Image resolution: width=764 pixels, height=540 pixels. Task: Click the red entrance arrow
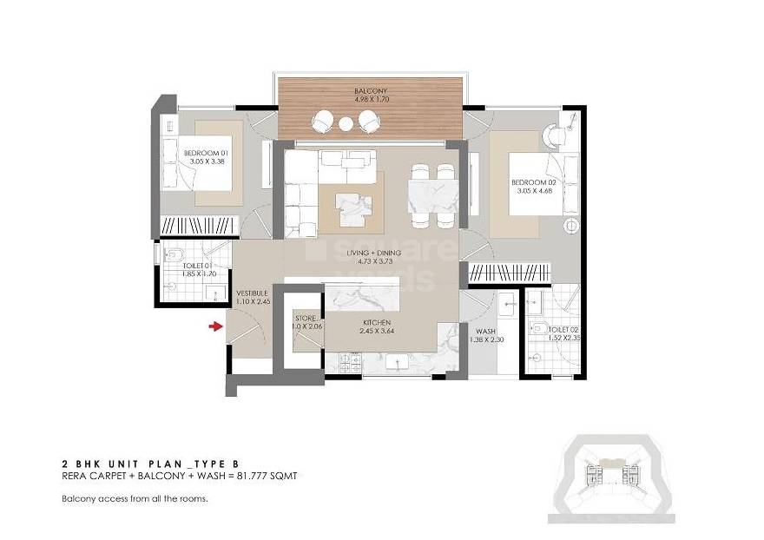[214, 326]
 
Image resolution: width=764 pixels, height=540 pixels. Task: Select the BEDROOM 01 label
[205, 153]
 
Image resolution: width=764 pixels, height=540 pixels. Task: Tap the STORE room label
[306, 319]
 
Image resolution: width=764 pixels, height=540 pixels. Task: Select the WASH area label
[484, 331]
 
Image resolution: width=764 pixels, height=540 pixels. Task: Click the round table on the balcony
[346, 124]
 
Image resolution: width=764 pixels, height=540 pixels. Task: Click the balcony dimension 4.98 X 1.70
[370, 99]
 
